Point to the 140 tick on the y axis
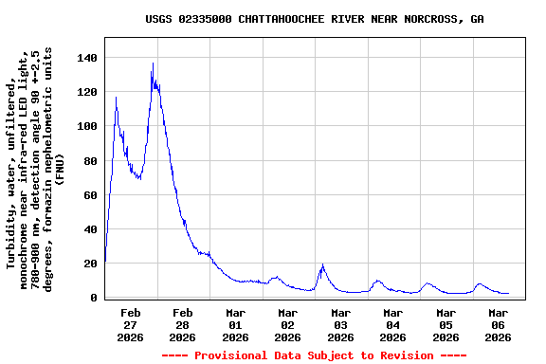[x=87, y=59]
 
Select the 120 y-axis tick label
[x=87, y=93]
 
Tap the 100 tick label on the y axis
[x=87, y=127]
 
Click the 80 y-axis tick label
[x=90, y=161]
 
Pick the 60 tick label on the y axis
[x=90, y=195]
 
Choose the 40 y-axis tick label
[x=90, y=229]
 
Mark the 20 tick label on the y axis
[x=90, y=264]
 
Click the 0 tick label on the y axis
[x=94, y=298]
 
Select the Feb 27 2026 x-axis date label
[x=131, y=324]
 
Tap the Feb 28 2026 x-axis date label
[x=183, y=324]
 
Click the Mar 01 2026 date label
[x=236, y=324]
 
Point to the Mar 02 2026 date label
[x=288, y=324]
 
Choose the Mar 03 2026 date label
[x=340, y=324]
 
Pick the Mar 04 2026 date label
[x=393, y=324]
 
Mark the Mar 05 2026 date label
[x=446, y=324]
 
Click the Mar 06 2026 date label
[x=498, y=324]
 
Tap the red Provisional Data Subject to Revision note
[x=314, y=355]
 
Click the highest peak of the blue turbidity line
[x=153, y=64]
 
